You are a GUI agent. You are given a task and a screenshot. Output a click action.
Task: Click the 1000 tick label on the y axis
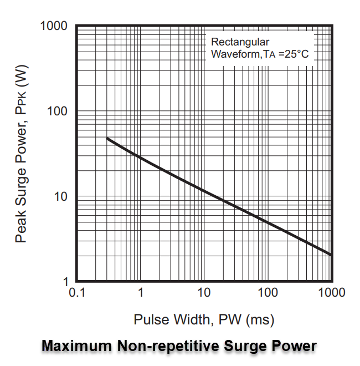pyautogui.click(x=54, y=27)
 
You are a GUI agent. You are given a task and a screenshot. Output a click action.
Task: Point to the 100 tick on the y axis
pyautogui.click(x=59, y=111)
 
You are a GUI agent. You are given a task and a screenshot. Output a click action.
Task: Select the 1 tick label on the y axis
pyautogui.click(x=65, y=282)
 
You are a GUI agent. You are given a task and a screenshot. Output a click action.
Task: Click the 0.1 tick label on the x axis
pyautogui.click(x=76, y=293)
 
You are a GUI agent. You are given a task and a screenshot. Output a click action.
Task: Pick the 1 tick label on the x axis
pyautogui.click(x=141, y=293)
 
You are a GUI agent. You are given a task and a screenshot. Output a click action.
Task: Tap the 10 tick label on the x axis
pyautogui.click(x=204, y=293)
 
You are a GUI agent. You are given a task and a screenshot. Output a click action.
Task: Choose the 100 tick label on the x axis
pyautogui.click(x=268, y=293)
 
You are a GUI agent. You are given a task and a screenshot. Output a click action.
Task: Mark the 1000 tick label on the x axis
pyautogui.click(x=330, y=293)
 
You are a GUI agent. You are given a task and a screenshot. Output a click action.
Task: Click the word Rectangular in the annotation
pyautogui.click(x=240, y=42)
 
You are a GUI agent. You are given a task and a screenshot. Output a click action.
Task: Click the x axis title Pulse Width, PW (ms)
pyautogui.click(x=204, y=320)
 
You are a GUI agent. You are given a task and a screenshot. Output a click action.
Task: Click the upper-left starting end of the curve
pyautogui.click(x=107, y=139)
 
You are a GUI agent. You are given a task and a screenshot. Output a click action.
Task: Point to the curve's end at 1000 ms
pyautogui.click(x=331, y=255)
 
